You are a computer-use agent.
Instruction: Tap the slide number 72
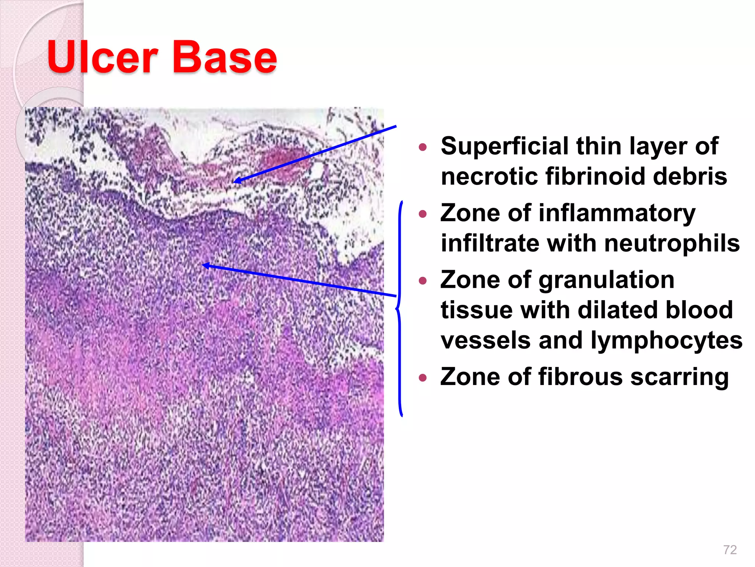coord(730,550)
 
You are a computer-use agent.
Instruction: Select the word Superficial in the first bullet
coord(504,146)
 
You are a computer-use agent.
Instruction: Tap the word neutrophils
coord(672,243)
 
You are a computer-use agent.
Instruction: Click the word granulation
coord(606,280)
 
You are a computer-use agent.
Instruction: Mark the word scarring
coord(679,377)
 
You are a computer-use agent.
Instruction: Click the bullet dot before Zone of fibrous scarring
coord(423,378)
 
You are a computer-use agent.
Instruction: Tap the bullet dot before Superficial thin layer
coord(423,147)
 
